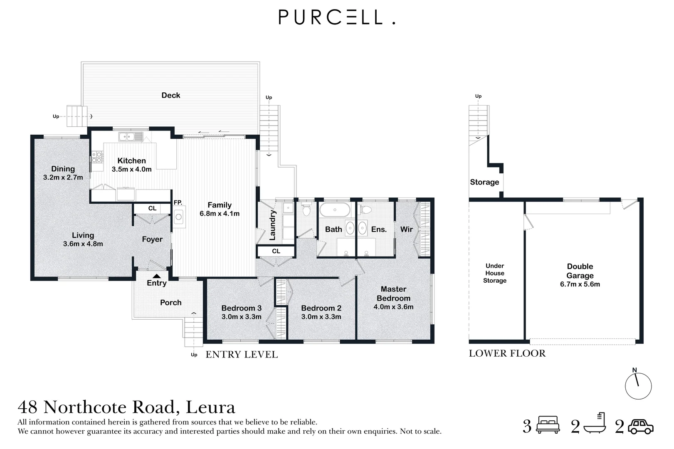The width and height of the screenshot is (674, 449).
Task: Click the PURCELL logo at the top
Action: [337, 17]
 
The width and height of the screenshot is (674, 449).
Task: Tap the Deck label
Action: [170, 95]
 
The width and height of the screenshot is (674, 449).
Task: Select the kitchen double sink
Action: [127, 137]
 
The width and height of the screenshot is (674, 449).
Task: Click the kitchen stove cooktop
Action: [97, 157]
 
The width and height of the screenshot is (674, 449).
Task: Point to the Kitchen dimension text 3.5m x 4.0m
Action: [131, 170]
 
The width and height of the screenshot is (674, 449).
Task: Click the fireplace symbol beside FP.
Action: [179, 217]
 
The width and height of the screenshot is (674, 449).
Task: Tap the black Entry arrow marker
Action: [156, 276]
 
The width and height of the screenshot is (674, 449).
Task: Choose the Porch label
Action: [170, 302]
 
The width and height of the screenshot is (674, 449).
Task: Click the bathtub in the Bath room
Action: [335, 210]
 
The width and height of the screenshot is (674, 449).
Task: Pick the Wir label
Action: [407, 229]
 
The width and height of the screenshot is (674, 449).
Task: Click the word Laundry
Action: [272, 225]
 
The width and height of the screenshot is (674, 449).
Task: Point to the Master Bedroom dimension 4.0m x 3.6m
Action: [393, 307]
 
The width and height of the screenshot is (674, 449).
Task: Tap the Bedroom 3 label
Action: [241, 308]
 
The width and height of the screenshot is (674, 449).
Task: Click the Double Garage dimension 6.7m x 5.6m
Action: [580, 284]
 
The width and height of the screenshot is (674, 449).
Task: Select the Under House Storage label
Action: [495, 273]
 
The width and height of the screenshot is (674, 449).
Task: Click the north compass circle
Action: [638, 386]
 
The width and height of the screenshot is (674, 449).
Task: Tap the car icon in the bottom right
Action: [640, 427]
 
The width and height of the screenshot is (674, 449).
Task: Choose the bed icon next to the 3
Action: [548, 424]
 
